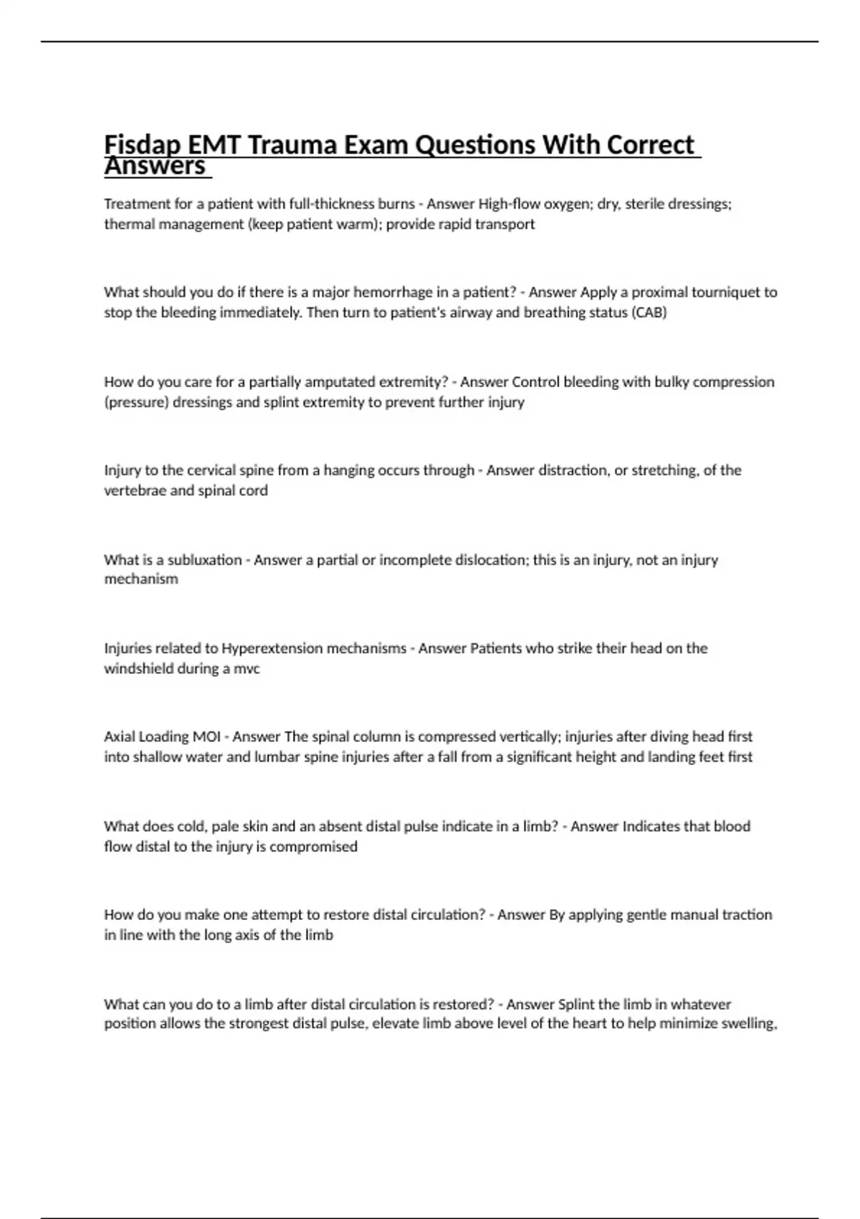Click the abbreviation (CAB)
[649, 313]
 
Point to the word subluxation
[204, 560]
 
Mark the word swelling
[748, 1024]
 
